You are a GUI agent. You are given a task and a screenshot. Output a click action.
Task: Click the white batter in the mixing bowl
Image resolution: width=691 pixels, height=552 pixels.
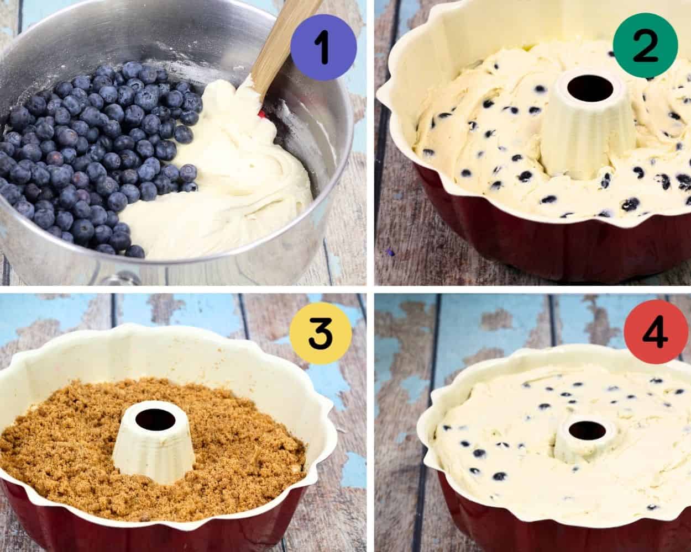[232, 182]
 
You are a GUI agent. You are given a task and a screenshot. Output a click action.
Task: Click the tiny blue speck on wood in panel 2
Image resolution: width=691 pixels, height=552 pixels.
[390, 252]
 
